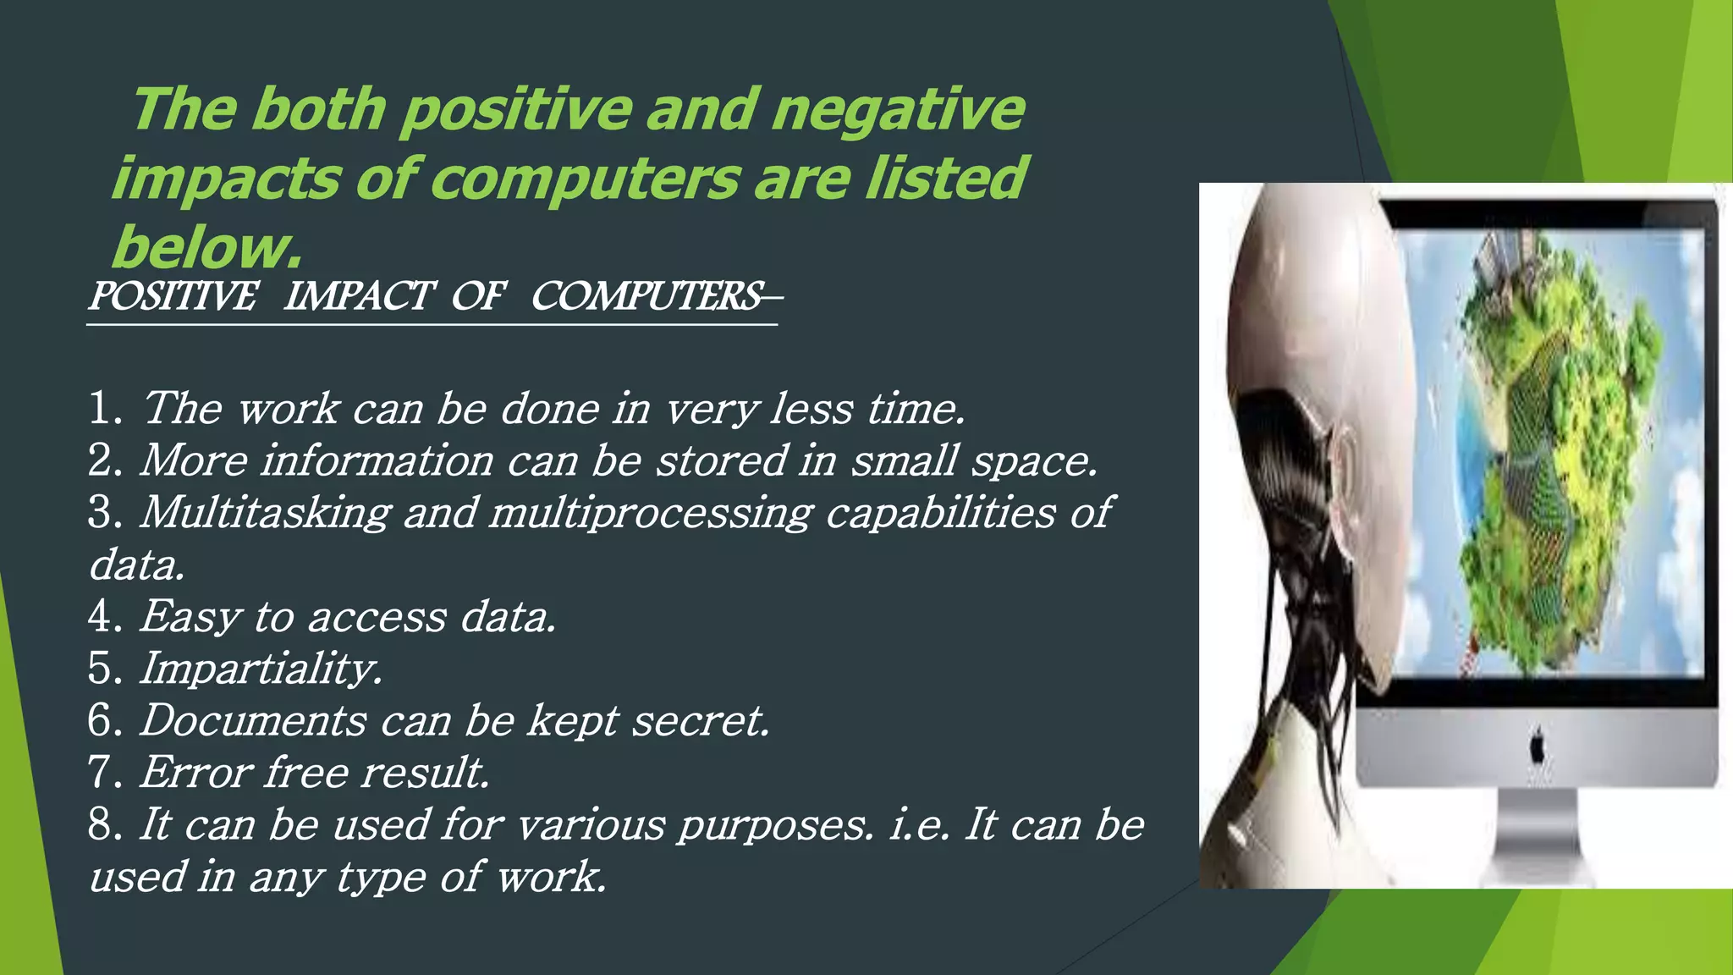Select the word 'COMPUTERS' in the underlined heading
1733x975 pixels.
pyautogui.click(x=646, y=296)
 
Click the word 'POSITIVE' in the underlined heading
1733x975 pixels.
pyautogui.click(x=172, y=296)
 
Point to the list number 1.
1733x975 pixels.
pyautogui.click(x=105, y=409)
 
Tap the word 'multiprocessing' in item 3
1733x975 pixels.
pyautogui.click(x=650, y=514)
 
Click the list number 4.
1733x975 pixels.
pyautogui.click(x=105, y=616)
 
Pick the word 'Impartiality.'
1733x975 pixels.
pyautogui.click(x=261, y=669)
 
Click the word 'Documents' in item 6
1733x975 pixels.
pyautogui.click(x=253, y=721)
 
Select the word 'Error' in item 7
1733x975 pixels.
pyautogui.click(x=196, y=773)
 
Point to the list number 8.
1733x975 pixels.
pyautogui.click(x=105, y=825)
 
